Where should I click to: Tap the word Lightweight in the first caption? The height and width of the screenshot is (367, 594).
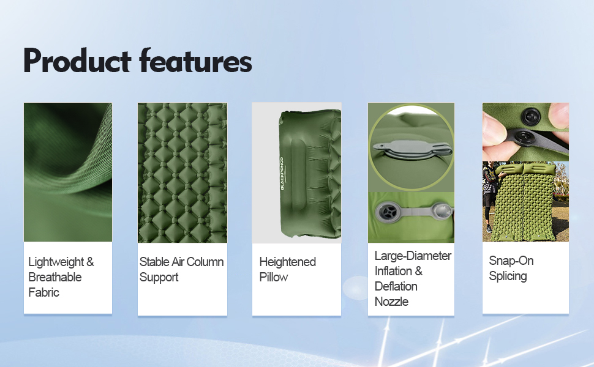[x=56, y=262]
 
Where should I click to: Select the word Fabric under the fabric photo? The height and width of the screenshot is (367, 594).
[x=43, y=292]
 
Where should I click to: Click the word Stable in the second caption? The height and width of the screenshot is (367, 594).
[x=154, y=262]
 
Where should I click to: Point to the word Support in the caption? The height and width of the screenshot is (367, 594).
[x=159, y=277]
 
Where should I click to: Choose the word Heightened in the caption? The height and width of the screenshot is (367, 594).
[x=287, y=262]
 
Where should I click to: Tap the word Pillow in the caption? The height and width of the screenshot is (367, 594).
[x=273, y=277]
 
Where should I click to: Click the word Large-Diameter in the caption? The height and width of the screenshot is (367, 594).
[x=413, y=256]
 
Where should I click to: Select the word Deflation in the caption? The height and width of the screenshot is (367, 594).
[x=396, y=286]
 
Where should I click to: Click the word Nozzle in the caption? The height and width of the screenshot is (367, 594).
[x=391, y=302]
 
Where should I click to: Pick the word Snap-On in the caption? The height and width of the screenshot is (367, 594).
[x=511, y=261]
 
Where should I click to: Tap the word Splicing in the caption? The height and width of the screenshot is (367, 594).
[x=508, y=276]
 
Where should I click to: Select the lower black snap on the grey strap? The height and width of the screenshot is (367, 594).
[x=525, y=135]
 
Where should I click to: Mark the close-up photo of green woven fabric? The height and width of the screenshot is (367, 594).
[x=67, y=172]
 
